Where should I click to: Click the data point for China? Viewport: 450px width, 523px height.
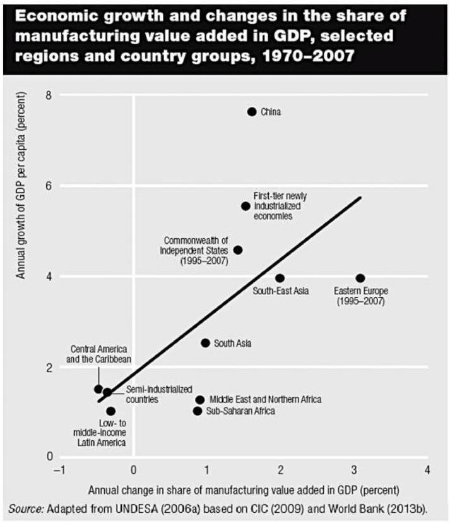pyautogui.click(x=252, y=112)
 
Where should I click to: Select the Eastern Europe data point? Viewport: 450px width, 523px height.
pyautogui.click(x=360, y=278)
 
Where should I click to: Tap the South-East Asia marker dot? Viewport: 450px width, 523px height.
pyautogui.click(x=280, y=278)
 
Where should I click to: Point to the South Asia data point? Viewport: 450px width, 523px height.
pyautogui.click(x=205, y=343)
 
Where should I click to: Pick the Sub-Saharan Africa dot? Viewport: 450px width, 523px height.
pyautogui.click(x=198, y=411)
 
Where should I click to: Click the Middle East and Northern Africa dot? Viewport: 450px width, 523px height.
pyautogui.click(x=200, y=400)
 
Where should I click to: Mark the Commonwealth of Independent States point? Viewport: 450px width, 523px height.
pyautogui.click(x=237, y=250)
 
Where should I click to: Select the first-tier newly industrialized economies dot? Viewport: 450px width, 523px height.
pyautogui.click(x=246, y=206)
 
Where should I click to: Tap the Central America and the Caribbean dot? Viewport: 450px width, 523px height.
pyautogui.click(x=98, y=389)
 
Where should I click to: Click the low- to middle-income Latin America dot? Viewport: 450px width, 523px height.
pyautogui.click(x=111, y=411)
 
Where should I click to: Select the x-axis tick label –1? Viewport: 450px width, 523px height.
pyautogui.click(x=59, y=471)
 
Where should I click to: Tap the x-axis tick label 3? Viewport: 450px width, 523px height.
pyautogui.click(x=354, y=471)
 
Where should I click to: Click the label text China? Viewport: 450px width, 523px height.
pyautogui.click(x=271, y=112)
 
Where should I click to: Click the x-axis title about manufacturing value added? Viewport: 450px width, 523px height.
pyautogui.click(x=244, y=490)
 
